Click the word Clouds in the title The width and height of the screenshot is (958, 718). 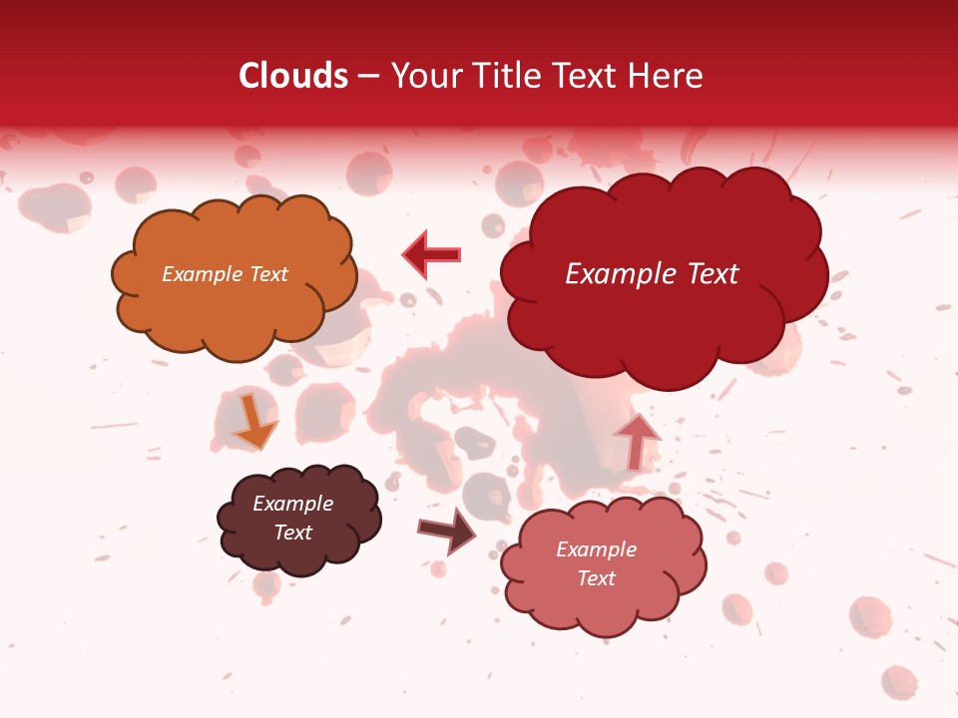[x=293, y=76]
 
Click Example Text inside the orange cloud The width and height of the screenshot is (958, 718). [x=225, y=274]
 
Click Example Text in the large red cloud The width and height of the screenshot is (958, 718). [x=652, y=274]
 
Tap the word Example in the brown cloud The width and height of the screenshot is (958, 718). [x=292, y=504]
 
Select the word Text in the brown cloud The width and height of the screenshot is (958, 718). [x=292, y=533]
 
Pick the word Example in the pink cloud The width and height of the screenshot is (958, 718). [x=596, y=549]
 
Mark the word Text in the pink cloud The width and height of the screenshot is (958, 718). [x=596, y=578]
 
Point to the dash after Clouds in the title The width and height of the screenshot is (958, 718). [x=367, y=77]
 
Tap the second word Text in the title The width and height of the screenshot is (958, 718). [x=591, y=76]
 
